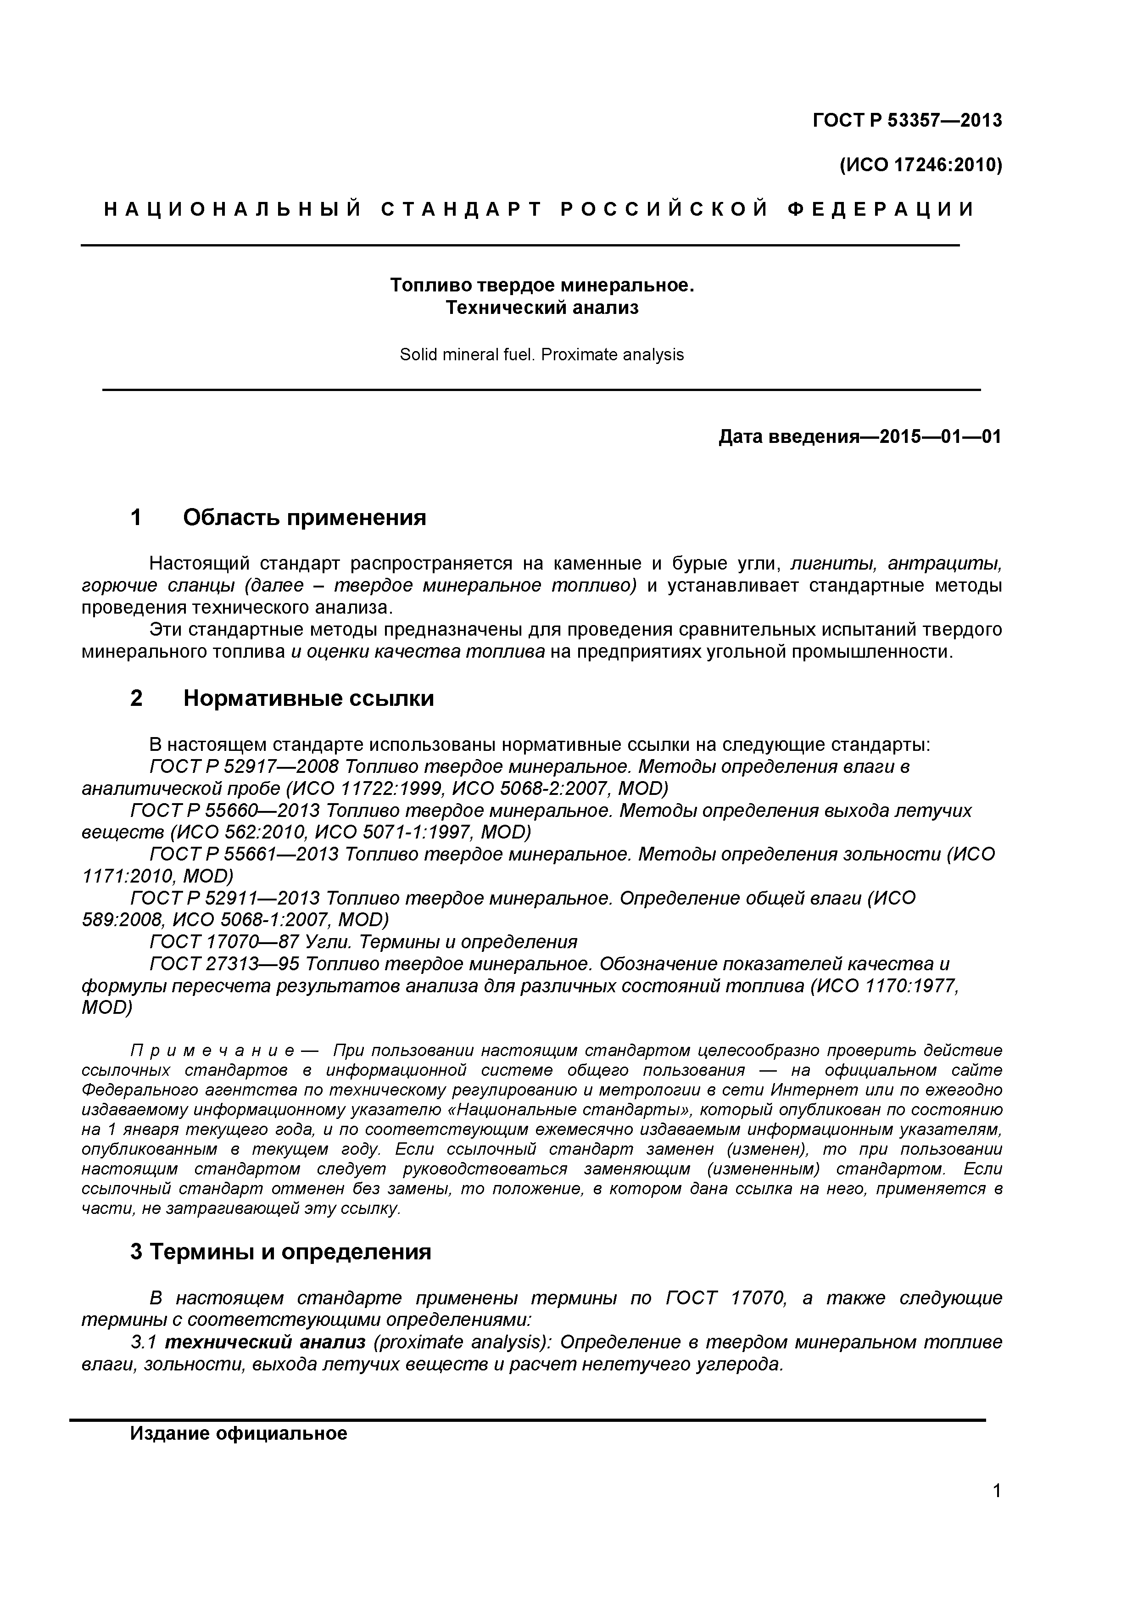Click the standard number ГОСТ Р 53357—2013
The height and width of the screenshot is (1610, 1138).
coord(907,121)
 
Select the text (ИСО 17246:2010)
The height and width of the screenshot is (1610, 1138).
coord(920,166)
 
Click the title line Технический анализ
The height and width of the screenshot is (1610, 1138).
coord(542,308)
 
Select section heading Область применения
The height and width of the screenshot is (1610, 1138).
coord(304,518)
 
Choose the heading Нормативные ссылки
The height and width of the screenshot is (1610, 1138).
coord(308,699)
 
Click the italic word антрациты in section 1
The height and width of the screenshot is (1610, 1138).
coord(944,564)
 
